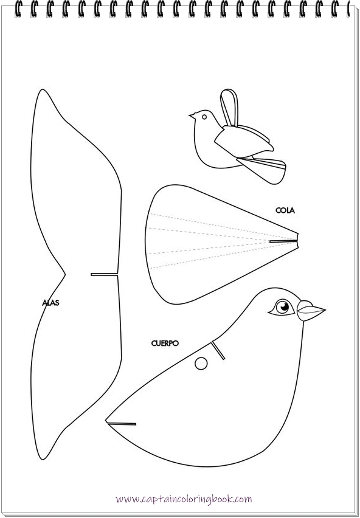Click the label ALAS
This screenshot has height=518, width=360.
(x=50, y=302)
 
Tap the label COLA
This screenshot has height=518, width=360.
(x=285, y=210)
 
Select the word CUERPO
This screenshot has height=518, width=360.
(x=165, y=343)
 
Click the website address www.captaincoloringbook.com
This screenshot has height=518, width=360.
(x=184, y=499)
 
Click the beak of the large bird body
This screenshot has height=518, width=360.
(x=311, y=311)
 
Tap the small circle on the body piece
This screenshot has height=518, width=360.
(x=201, y=364)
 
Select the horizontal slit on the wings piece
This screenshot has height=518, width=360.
(x=105, y=274)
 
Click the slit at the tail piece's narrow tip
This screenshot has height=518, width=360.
(x=283, y=241)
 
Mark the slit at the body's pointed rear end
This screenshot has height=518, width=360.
(x=122, y=422)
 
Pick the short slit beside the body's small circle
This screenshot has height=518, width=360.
(x=218, y=350)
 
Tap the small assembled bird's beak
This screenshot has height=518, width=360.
(x=192, y=116)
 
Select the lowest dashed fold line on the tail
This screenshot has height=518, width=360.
(x=213, y=258)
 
